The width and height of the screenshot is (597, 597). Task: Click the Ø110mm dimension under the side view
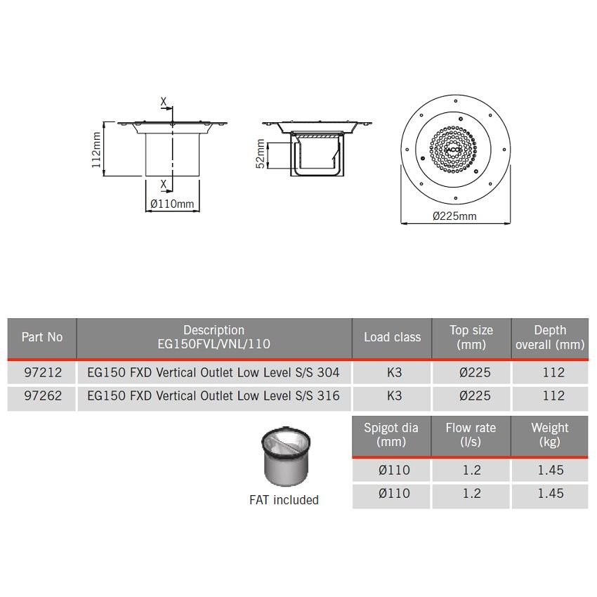pos(172,204)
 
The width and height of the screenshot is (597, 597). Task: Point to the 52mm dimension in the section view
pos(259,154)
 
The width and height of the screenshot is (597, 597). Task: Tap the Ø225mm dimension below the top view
pos(454,216)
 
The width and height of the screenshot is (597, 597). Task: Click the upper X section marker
pos(164,103)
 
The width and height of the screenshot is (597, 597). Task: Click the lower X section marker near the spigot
pos(164,184)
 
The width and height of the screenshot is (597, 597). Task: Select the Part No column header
pos(41,337)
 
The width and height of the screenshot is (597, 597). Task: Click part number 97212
pos(41,372)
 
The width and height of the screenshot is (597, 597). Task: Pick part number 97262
pos(41,395)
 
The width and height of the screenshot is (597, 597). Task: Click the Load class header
pos(392,337)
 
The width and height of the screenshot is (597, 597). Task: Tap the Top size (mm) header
pos(471,337)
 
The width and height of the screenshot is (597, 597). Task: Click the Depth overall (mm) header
pos(549,337)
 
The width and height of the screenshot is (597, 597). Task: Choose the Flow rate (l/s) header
pos(471,435)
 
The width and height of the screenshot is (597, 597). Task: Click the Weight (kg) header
pos(549,435)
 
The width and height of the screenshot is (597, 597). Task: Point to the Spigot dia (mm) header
pos(391,435)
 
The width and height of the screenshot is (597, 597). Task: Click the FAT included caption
pos(284,500)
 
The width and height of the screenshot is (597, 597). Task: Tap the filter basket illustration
pos(284,457)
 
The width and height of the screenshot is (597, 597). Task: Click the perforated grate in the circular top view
pos(454,148)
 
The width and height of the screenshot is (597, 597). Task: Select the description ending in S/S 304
pos(214,372)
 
